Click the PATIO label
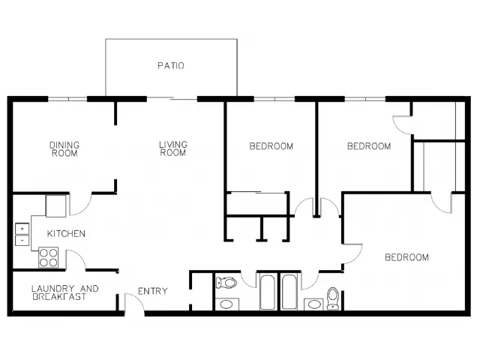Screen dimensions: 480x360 pos(171,65)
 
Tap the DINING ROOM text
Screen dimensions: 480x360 pos(64,149)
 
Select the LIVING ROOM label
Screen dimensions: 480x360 pos(173,148)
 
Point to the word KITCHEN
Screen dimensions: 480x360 pos(66,233)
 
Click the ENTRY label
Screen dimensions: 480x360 pos(153,291)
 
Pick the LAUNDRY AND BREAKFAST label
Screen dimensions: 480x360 pos(65,292)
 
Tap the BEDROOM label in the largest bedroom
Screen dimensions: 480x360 pos(406,257)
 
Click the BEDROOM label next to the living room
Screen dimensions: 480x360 pos(271,146)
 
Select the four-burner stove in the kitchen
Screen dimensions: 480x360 pos(48,257)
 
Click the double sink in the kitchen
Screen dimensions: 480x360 pos(22,235)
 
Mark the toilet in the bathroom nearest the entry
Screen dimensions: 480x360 pos(226,282)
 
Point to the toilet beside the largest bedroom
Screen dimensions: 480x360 pos(333,298)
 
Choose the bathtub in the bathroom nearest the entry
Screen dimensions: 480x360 pos(267,292)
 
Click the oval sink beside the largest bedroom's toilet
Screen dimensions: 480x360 pos(313,304)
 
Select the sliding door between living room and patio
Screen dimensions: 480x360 pos(172,98)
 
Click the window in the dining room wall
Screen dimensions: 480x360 pos(67,99)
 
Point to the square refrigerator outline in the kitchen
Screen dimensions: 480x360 pos(55,205)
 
